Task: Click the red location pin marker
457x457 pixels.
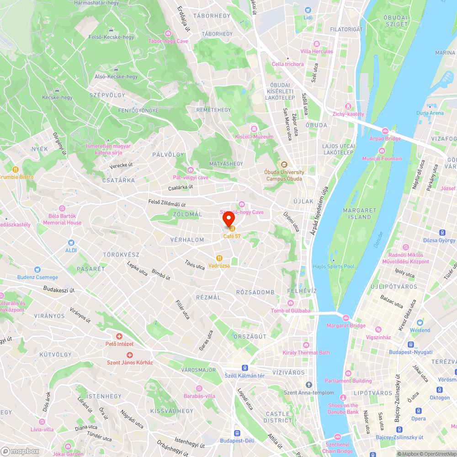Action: point(228,219)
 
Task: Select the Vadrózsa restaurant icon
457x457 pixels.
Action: point(219,258)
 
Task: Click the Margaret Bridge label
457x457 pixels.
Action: point(346,325)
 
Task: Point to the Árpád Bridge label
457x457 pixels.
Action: point(385,138)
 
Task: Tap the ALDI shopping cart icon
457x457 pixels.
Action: point(71,242)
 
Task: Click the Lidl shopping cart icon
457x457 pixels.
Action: point(308,10)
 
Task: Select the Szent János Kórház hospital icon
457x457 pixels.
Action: point(130,355)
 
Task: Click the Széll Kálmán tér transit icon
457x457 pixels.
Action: point(245,368)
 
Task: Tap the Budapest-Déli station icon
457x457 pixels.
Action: point(237,433)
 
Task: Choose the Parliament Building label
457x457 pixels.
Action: point(348,381)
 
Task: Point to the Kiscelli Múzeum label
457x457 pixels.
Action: point(254,136)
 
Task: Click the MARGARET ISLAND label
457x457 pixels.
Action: point(360,213)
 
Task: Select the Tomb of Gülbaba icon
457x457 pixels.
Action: point(290,303)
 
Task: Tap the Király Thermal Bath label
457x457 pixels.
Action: point(306,352)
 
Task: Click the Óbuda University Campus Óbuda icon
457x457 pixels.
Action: point(284,165)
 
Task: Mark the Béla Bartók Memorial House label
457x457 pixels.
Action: point(62,219)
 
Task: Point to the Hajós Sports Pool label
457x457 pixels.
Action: point(333,266)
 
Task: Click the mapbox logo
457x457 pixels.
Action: point(21,451)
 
